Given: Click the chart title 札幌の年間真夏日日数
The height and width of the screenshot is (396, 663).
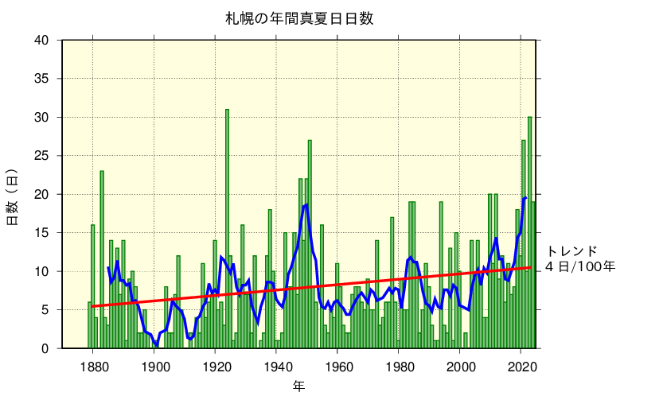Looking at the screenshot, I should pos(298,18).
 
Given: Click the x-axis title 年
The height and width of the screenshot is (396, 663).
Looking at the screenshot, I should pos(298,386).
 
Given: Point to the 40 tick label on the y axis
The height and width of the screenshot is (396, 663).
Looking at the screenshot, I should pos(41,41).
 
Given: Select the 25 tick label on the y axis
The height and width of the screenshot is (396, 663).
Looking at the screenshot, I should pos(41,156).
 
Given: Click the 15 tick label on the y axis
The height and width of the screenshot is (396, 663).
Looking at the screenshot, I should pos(41,233).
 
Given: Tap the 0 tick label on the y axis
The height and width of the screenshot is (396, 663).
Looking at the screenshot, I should pos(45,348).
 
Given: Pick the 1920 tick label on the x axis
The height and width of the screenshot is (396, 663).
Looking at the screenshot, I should pos(217,367).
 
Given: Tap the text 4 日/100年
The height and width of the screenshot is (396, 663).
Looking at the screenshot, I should pos(580,267).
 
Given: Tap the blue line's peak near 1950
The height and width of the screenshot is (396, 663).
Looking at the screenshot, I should pos(306,204).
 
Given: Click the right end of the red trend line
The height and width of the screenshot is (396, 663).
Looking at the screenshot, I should pos(531,267).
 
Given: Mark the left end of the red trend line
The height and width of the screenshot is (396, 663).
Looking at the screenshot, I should pos(92,306).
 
